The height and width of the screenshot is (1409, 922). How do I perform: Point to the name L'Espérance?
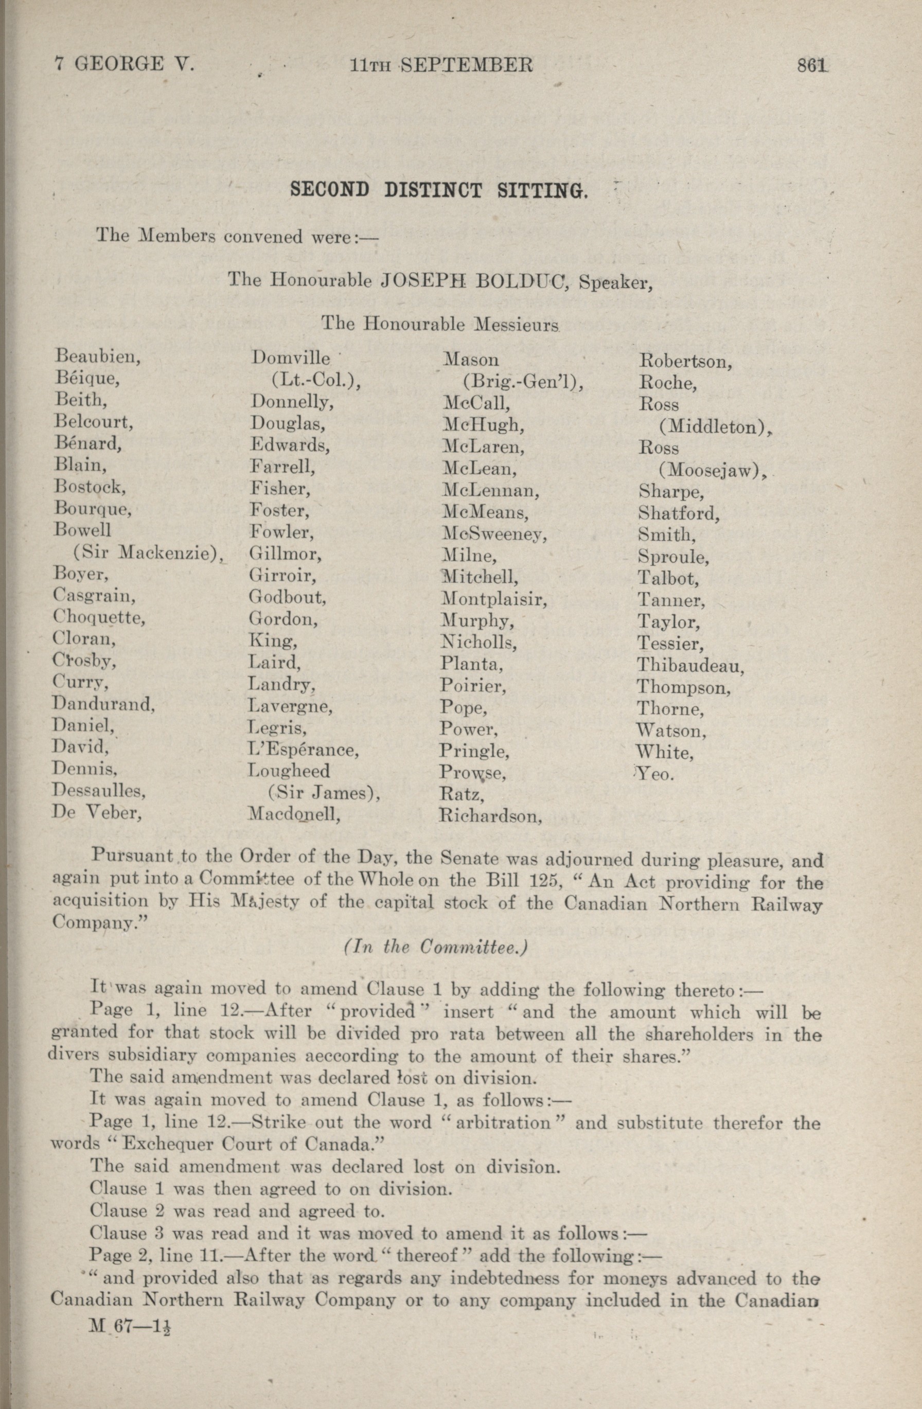pyautogui.click(x=303, y=750)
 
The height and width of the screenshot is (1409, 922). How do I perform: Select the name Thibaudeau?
pyautogui.click(x=690, y=666)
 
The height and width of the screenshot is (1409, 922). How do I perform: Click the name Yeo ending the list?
pyautogui.click(x=655, y=774)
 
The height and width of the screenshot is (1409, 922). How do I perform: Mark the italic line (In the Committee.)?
pyautogui.click(x=435, y=948)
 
